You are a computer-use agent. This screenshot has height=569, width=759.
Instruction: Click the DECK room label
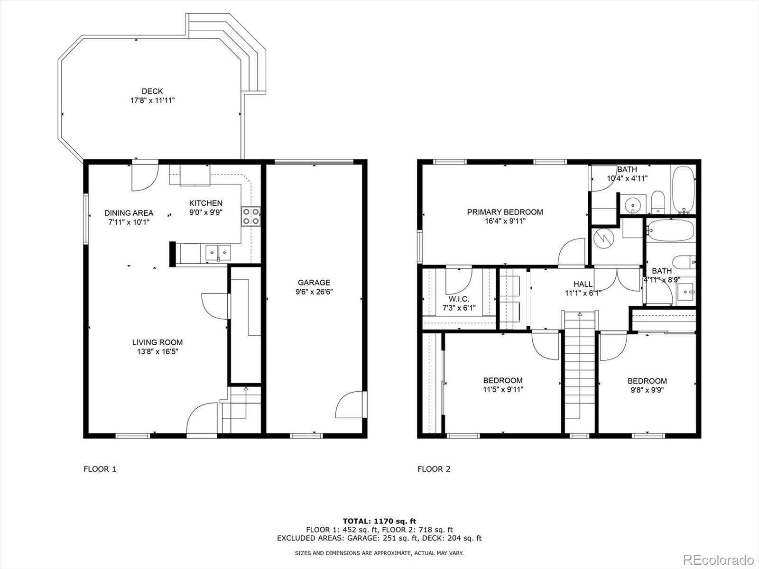click(152, 91)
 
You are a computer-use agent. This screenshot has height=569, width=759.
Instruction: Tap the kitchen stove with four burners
click(251, 216)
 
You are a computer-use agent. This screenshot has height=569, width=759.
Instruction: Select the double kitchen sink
click(218, 252)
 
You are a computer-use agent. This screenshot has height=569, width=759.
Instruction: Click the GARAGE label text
click(314, 283)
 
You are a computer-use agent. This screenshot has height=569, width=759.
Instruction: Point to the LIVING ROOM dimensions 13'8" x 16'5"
click(157, 351)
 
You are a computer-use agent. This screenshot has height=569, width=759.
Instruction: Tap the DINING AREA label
click(129, 213)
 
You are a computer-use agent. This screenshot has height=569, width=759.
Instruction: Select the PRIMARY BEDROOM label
click(505, 212)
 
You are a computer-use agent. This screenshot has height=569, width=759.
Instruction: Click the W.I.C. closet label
click(459, 299)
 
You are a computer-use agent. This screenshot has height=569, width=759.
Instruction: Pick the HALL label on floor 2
click(583, 284)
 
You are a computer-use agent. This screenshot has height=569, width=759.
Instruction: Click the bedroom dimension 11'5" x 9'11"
click(503, 390)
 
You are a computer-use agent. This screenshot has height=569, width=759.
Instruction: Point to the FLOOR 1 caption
click(100, 469)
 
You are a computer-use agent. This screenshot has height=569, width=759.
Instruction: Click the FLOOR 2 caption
click(434, 469)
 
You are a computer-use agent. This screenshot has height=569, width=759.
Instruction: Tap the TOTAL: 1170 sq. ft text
click(379, 521)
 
